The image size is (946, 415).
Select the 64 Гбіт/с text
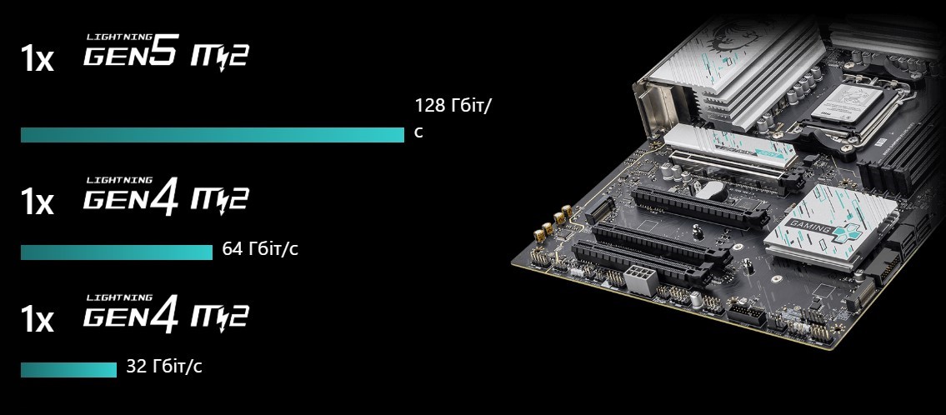pyautogui.click(x=260, y=248)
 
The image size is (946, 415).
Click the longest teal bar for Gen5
pyautogui.click(x=213, y=135)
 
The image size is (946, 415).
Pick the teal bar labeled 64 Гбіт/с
pyautogui.click(x=117, y=252)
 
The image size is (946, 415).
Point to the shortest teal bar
pyautogui.click(x=69, y=370)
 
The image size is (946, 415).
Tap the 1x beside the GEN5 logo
pyautogui.click(x=37, y=59)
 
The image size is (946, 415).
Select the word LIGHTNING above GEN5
pyautogui.click(x=119, y=37)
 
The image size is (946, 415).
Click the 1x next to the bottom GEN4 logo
pyautogui.click(x=37, y=320)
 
